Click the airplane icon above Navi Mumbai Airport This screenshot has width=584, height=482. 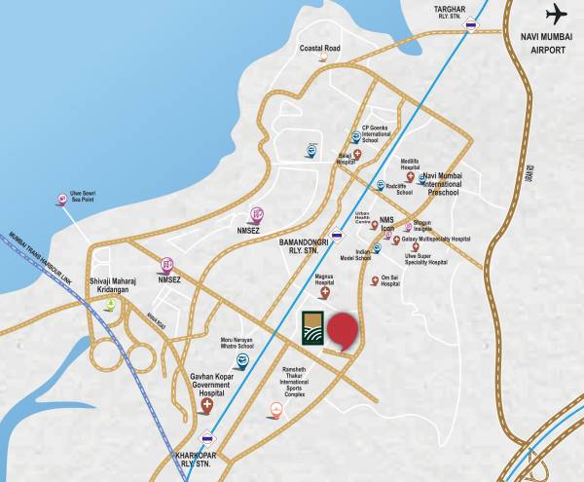556,16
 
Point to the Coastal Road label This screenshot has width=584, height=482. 319,48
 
